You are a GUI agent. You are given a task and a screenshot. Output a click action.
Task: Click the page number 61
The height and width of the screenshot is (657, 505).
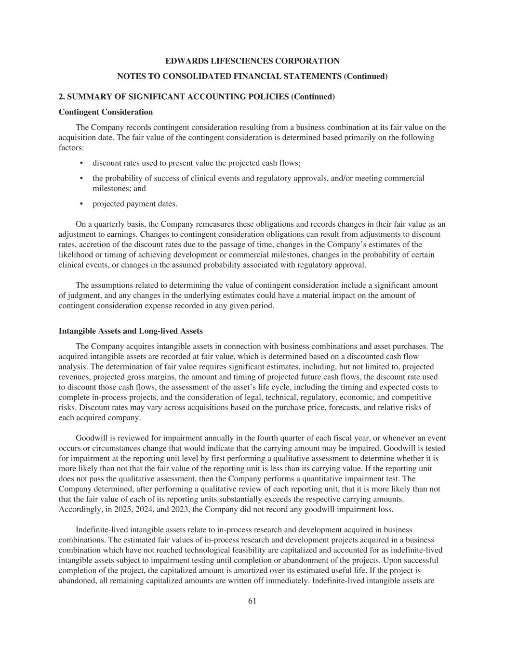252,601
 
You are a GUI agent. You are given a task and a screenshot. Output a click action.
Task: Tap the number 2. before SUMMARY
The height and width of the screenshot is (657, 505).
62,97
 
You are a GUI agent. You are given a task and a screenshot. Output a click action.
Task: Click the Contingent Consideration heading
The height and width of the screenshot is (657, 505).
106,112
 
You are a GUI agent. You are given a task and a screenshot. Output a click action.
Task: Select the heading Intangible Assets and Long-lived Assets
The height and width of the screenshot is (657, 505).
131,331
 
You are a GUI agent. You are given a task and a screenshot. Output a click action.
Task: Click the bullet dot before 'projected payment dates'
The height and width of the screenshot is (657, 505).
81,204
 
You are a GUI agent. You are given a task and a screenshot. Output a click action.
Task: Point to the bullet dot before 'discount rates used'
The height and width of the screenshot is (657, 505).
81,163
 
